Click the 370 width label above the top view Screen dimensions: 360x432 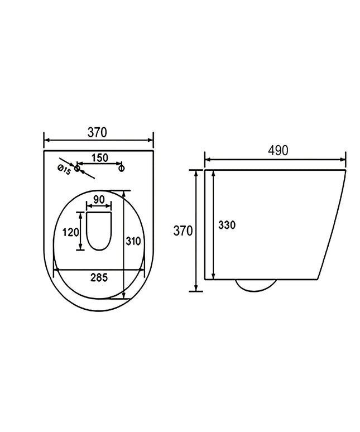97,132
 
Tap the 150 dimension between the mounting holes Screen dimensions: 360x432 100,158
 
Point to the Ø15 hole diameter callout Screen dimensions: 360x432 64,170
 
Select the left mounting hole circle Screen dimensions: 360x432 77,168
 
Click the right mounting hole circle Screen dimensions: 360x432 121,168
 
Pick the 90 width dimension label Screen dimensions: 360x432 99,199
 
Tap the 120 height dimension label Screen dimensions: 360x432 71,232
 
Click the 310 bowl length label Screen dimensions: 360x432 133,241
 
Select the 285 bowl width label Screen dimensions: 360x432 99,278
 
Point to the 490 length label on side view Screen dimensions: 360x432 278,151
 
